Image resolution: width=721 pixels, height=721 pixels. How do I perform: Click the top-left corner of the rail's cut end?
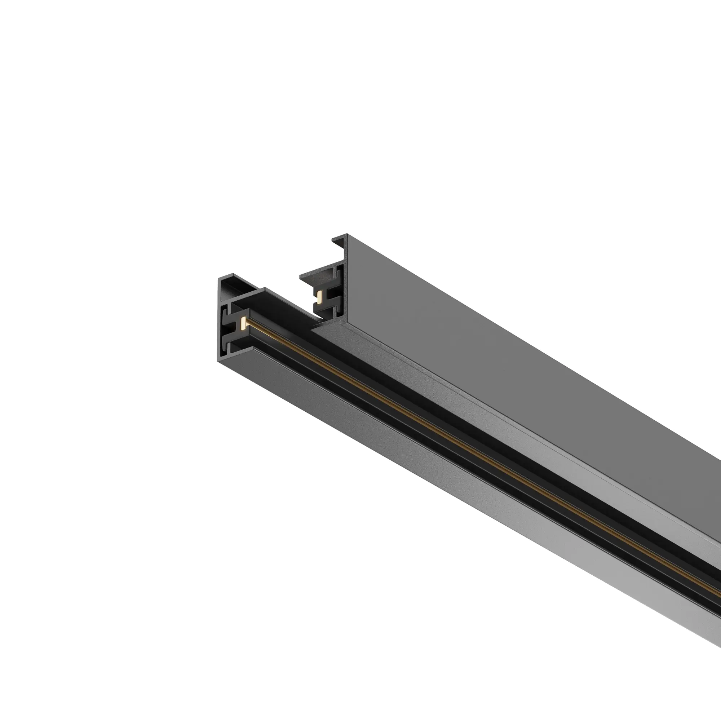point(220,278)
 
